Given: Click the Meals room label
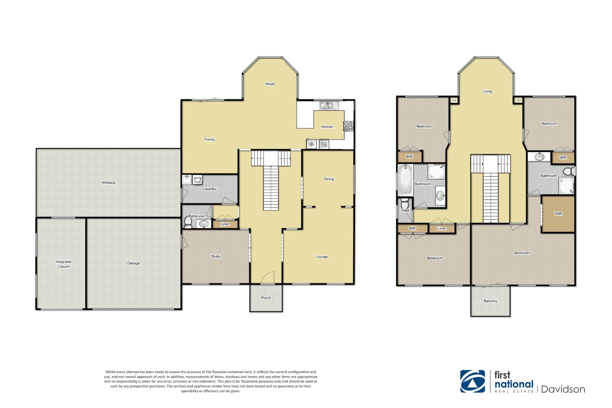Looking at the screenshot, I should [270, 84].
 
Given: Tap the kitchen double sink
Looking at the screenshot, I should [327, 106].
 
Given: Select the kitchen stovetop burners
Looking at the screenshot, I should [349, 126].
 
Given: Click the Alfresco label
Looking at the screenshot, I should [108, 182].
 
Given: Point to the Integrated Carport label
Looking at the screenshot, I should [64, 264].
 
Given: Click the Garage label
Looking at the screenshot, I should [133, 263].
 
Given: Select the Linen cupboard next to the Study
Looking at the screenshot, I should [225, 224].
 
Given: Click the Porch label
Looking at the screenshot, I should [266, 298].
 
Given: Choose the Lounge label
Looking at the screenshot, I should [322, 257].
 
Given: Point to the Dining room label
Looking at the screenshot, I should [329, 179].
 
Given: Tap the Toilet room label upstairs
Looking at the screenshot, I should [405, 210].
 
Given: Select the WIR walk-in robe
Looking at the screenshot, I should [558, 214].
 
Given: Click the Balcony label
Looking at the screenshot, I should [490, 301].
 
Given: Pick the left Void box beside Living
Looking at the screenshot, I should [454, 100].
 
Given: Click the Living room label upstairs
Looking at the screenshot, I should [487, 91].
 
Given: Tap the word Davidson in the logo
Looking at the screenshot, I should [563, 389].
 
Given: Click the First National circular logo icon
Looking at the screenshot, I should [473, 381].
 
